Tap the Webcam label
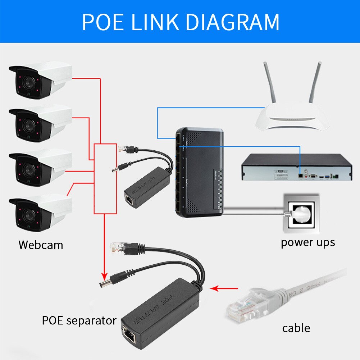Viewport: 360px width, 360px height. click(x=41, y=245)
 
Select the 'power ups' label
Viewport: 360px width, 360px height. click(x=307, y=242)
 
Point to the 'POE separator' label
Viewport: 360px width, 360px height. click(x=79, y=320)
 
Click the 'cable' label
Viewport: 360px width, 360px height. click(x=296, y=328)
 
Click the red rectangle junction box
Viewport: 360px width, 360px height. click(x=105, y=178)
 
